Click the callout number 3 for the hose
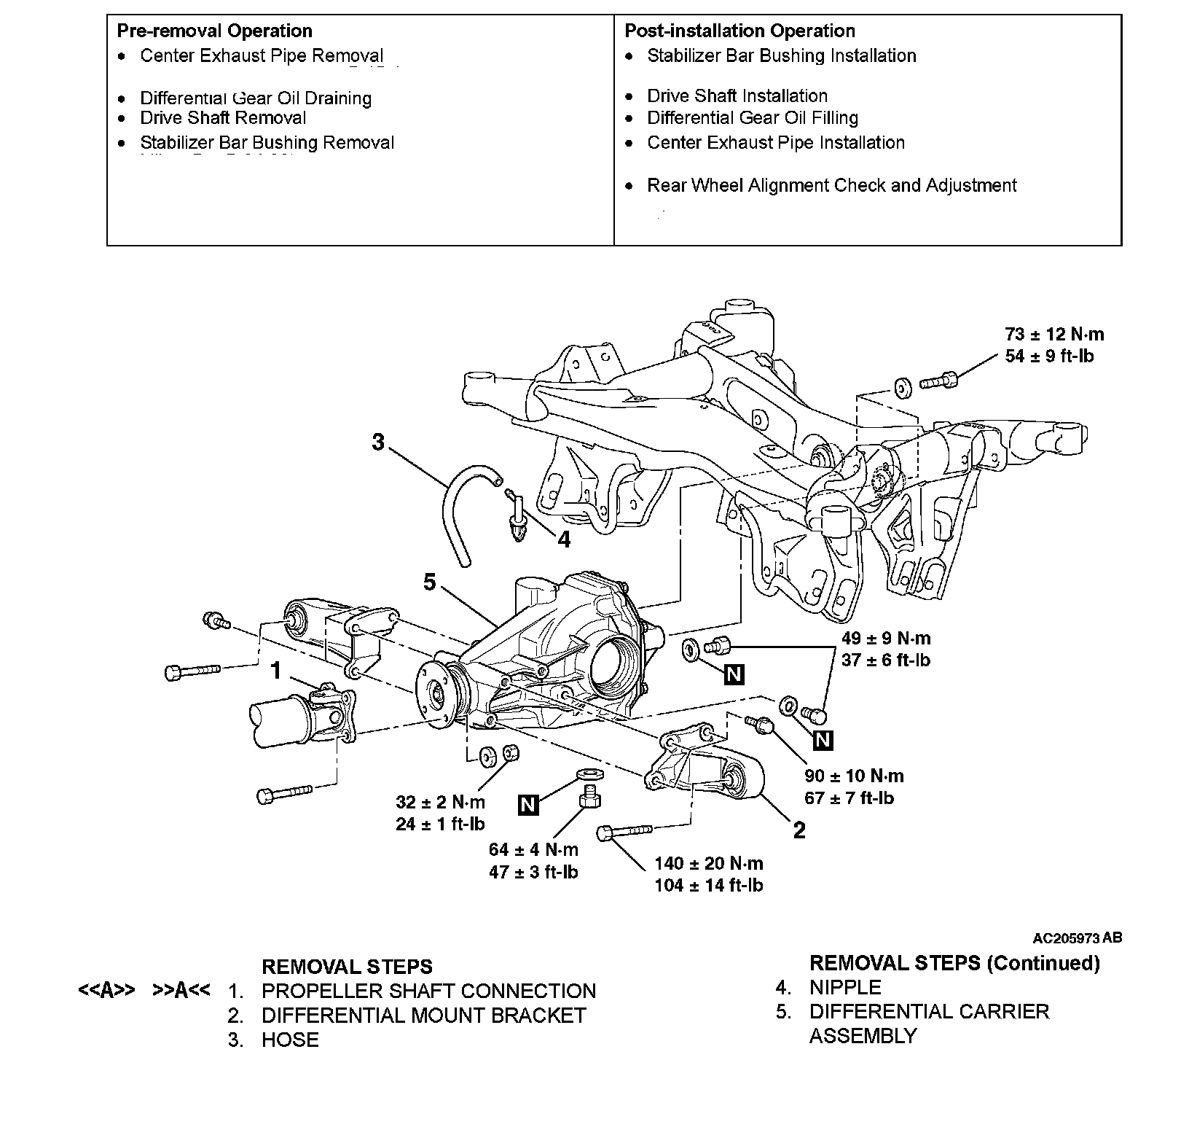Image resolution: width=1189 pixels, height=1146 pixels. coord(377,442)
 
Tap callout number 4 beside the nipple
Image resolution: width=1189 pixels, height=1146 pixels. coord(563,539)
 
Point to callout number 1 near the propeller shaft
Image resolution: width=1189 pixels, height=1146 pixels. coord(275,670)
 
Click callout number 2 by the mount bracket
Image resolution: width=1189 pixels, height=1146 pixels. coord(799,830)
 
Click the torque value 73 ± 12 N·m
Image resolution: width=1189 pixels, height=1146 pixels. coord(1053,335)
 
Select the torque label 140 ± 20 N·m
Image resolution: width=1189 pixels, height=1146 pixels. coord(708,864)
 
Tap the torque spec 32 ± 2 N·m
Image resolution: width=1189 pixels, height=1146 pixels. coord(440,802)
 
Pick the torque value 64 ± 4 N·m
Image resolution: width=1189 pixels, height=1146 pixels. coord(533,849)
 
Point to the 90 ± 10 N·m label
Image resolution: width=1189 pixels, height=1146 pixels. coord(854,776)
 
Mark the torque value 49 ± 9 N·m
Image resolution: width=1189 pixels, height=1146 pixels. coord(886,639)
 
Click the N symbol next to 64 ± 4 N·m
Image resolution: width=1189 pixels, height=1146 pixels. coord(528,805)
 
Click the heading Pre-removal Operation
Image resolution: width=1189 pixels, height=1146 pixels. coord(214,31)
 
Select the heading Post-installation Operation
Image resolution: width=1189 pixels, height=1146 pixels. coord(739,31)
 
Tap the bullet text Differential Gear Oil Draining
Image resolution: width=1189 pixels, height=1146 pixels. coord(255,98)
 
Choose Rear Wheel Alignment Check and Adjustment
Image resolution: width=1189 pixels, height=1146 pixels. coord(831,185)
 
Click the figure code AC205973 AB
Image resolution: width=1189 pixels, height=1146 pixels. coord(1076,938)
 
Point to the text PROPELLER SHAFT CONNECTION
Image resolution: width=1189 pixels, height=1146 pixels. coord(428,991)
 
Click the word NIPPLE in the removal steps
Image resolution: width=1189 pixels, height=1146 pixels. coord(845,988)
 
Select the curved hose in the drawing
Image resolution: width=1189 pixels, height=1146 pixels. coord(453,510)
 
